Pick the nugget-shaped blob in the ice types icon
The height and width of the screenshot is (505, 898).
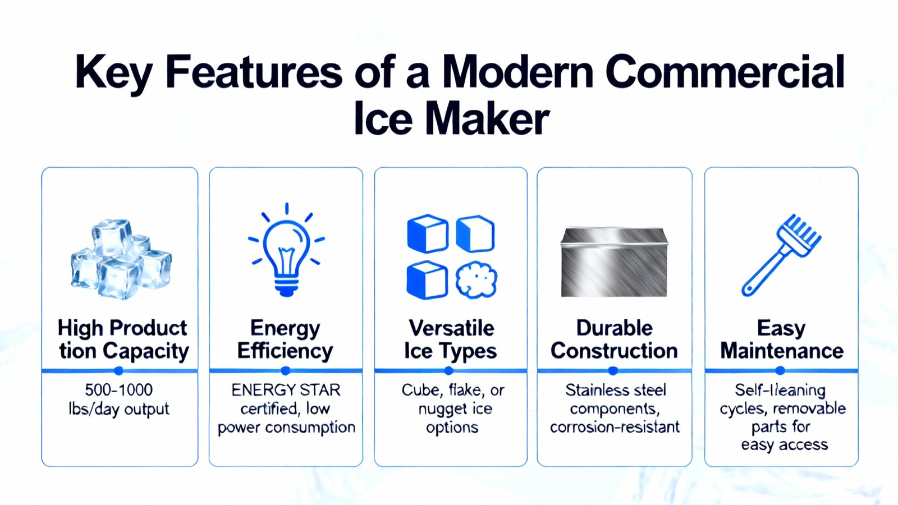477,280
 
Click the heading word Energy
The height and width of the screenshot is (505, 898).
285,329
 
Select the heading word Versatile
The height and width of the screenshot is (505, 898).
451,328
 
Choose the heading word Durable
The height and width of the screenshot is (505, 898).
614,328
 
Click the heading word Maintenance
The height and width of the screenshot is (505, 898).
782,351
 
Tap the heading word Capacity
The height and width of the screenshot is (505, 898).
146,352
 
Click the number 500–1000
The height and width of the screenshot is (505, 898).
119,389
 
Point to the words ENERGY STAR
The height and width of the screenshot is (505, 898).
286,390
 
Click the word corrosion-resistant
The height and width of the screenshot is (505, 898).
615,427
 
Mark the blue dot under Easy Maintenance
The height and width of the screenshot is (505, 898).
780,371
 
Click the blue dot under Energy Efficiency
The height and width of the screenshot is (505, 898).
286,371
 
